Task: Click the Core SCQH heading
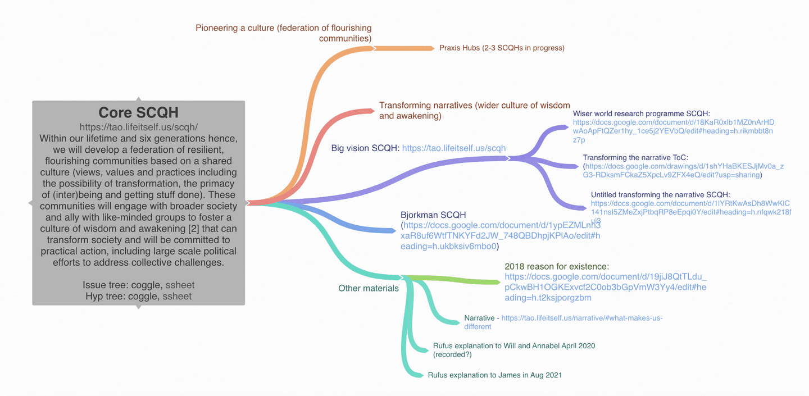[138, 112]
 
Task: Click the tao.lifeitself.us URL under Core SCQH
[138, 127]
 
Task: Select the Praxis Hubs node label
[502, 48]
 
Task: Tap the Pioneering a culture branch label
[283, 33]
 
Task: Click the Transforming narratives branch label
[474, 111]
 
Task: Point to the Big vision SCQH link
[454, 148]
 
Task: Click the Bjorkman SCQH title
[433, 215]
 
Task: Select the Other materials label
[368, 288]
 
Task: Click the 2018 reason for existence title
[557, 266]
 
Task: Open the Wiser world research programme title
[642, 113]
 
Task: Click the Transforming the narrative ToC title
[635, 158]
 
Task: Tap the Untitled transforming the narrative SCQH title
[660, 195]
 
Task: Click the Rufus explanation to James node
[494, 375]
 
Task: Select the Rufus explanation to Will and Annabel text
[513, 346]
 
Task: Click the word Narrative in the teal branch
[479, 318]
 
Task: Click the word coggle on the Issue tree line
[144, 285]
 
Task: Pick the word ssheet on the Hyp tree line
[177, 296]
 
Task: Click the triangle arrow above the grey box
[138, 99]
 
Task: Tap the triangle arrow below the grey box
[138, 307]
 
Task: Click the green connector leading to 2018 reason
[455, 279]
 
